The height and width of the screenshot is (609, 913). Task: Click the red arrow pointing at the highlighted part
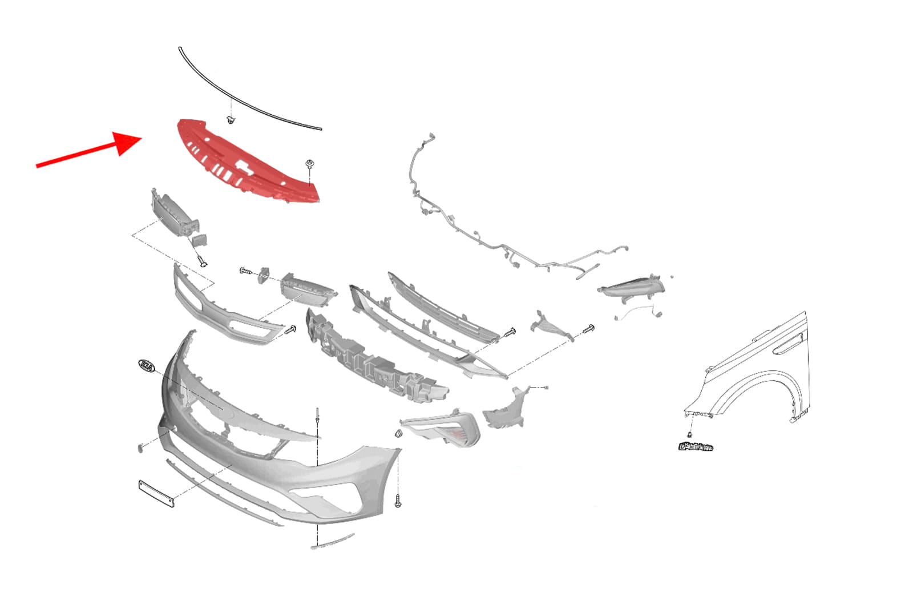(x=89, y=150)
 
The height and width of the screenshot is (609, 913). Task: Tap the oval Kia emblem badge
(x=147, y=366)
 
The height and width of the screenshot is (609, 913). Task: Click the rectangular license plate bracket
(x=156, y=493)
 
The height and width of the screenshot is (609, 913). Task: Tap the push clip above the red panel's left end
(x=231, y=120)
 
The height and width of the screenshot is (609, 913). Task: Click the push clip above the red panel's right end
(x=310, y=164)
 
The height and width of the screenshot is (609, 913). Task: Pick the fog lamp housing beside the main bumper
(x=442, y=429)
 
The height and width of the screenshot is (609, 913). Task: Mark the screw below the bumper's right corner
(x=398, y=501)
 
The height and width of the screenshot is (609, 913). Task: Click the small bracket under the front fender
(x=696, y=447)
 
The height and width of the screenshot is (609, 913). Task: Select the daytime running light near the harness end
(x=631, y=288)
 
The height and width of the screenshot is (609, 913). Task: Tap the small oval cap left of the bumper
(x=141, y=448)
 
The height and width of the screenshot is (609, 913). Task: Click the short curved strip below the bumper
(x=333, y=541)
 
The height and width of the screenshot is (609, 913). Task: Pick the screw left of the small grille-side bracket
(x=246, y=271)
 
